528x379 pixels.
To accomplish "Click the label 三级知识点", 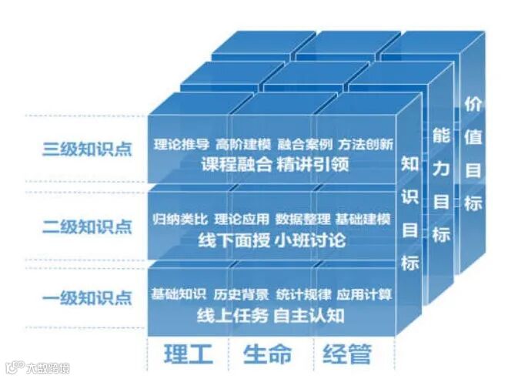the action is [87, 149].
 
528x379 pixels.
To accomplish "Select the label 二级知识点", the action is [87, 226].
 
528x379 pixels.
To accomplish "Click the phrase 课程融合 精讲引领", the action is [273, 164].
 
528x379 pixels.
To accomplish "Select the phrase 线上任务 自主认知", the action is [270, 315].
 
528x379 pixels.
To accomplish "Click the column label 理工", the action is [188, 354].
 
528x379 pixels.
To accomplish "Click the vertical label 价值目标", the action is [473, 154].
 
